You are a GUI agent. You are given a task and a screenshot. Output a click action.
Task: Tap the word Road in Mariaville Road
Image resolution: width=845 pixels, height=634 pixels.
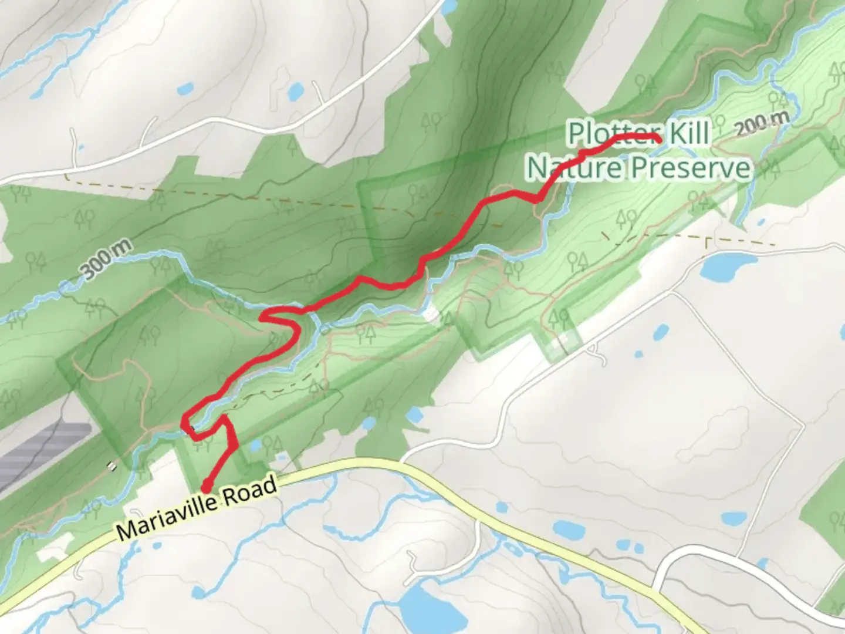point(249,491)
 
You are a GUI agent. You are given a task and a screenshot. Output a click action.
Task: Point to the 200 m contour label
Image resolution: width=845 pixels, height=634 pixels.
point(761,124)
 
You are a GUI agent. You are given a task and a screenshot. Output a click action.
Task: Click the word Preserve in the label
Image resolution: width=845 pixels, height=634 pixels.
point(691,168)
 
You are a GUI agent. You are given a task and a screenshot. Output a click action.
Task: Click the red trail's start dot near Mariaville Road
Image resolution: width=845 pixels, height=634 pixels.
point(206,487)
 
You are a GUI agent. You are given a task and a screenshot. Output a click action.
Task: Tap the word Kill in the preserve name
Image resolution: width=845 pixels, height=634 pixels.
point(689,134)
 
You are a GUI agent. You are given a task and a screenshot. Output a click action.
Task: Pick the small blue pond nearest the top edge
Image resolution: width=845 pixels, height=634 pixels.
point(448,7)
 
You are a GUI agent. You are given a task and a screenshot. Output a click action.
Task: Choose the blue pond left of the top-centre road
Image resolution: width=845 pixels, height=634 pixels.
point(295,91)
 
